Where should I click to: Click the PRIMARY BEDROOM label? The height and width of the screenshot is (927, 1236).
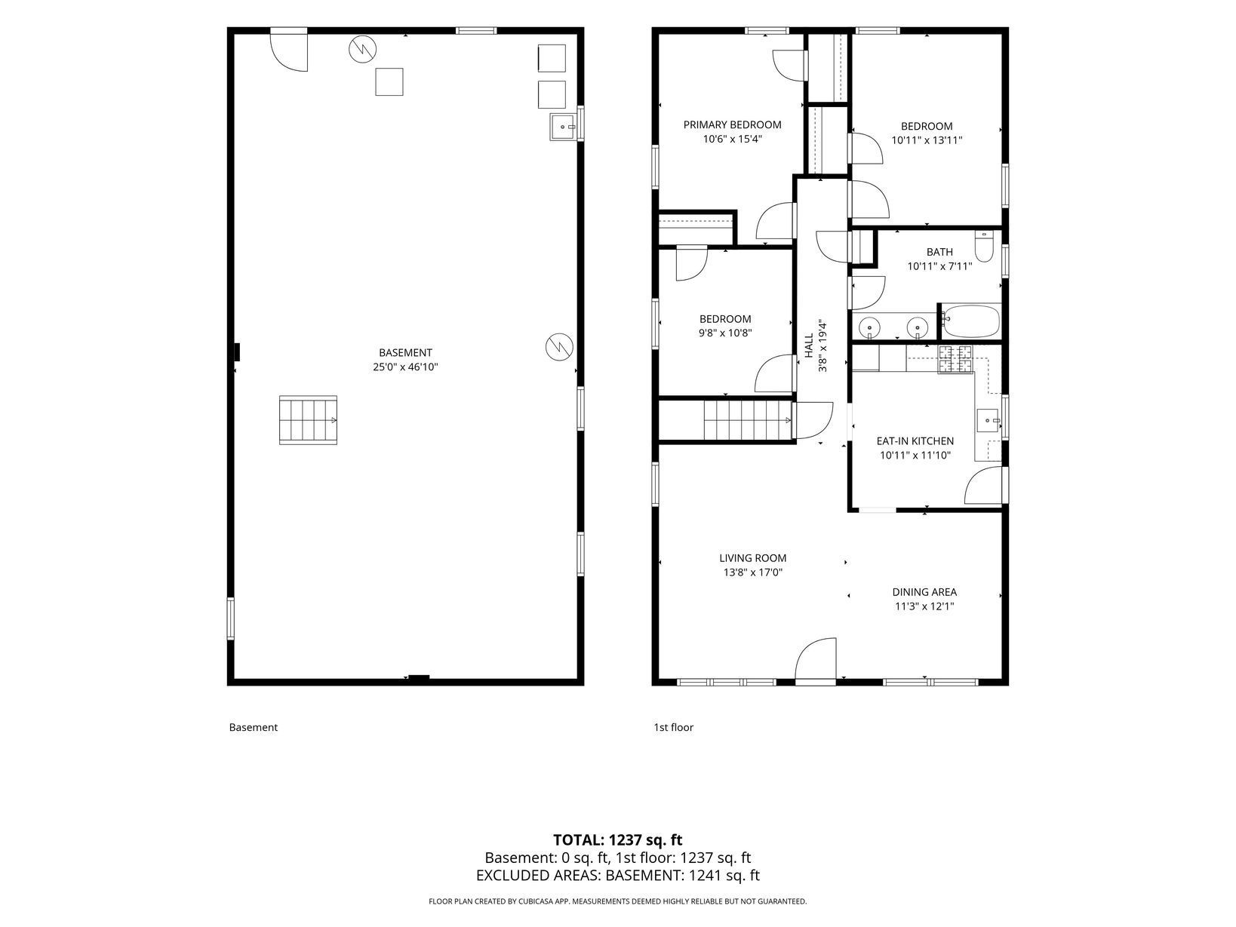click(x=732, y=125)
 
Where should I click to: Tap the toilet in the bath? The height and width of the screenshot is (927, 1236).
click(x=984, y=247)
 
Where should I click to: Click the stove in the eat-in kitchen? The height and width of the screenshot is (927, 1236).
click(x=955, y=359)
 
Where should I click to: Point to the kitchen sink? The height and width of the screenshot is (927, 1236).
click(x=988, y=420)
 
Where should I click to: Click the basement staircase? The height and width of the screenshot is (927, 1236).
click(x=308, y=420)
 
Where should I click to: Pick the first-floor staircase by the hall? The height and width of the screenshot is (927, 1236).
click(x=748, y=420)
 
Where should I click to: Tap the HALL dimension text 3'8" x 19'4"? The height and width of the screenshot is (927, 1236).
click(x=822, y=346)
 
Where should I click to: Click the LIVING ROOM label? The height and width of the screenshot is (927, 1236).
click(x=752, y=557)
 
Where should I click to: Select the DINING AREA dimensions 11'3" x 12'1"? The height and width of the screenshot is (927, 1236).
click(x=924, y=606)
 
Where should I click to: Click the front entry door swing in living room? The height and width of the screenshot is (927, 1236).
click(x=816, y=661)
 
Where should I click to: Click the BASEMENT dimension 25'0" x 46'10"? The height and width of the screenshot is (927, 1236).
click(x=405, y=367)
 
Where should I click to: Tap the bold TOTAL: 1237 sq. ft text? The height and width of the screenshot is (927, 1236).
click(x=618, y=840)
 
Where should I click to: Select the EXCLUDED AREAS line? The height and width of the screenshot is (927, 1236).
click(x=618, y=875)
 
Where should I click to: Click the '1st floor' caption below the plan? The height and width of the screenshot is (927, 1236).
click(x=674, y=727)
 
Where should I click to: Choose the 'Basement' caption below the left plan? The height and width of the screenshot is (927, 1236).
click(x=254, y=727)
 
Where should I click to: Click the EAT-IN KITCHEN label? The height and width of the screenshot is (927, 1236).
click(x=915, y=441)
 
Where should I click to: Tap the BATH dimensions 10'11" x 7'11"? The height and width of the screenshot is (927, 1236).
click(x=939, y=266)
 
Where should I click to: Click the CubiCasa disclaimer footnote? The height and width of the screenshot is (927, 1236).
click(x=618, y=901)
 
